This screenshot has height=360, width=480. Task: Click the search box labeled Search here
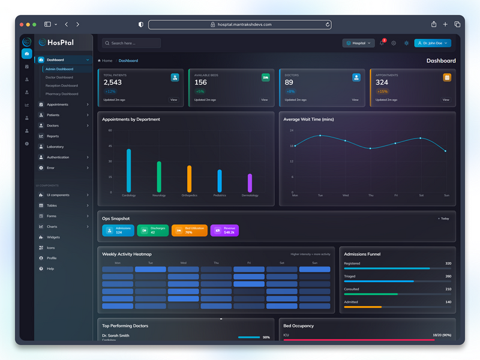tap(131, 43)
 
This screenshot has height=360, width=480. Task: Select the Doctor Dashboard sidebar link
tap(59, 77)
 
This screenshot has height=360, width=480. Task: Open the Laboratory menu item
tap(55, 146)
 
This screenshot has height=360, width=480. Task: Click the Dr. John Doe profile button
tap(432, 43)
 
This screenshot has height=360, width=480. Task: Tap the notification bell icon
tap(382, 43)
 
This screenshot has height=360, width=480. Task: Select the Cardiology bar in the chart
tap(128, 170)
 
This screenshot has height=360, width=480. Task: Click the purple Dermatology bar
tap(250, 182)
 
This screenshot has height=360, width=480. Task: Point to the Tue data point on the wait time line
tap(320, 136)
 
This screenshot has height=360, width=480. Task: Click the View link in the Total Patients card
tap(173, 100)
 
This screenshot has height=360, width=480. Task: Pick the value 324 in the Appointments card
tap(382, 82)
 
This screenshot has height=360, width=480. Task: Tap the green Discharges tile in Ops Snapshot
tap(153, 230)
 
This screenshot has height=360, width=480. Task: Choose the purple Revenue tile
tap(224, 230)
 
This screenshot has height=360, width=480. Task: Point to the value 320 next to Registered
tap(448, 263)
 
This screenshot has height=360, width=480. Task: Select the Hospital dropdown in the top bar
tap(358, 43)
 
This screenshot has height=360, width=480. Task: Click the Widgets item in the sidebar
tap(53, 237)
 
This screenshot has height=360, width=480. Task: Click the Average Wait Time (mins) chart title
tap(308, 119)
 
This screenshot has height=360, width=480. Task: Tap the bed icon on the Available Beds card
tap(265, 77)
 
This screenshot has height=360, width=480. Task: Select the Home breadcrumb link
tap(106, 61)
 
